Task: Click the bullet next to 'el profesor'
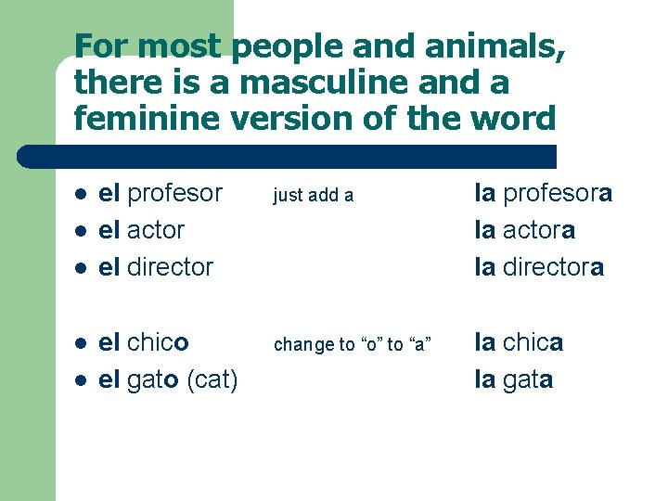81,195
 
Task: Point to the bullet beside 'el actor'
81,231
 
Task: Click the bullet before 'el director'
81,268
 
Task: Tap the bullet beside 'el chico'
81,344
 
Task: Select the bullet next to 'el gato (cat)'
81,380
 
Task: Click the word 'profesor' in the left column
174,193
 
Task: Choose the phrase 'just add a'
314,195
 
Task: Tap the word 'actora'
537,230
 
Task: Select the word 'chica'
533,342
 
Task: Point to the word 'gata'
528,379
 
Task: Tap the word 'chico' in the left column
158,342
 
